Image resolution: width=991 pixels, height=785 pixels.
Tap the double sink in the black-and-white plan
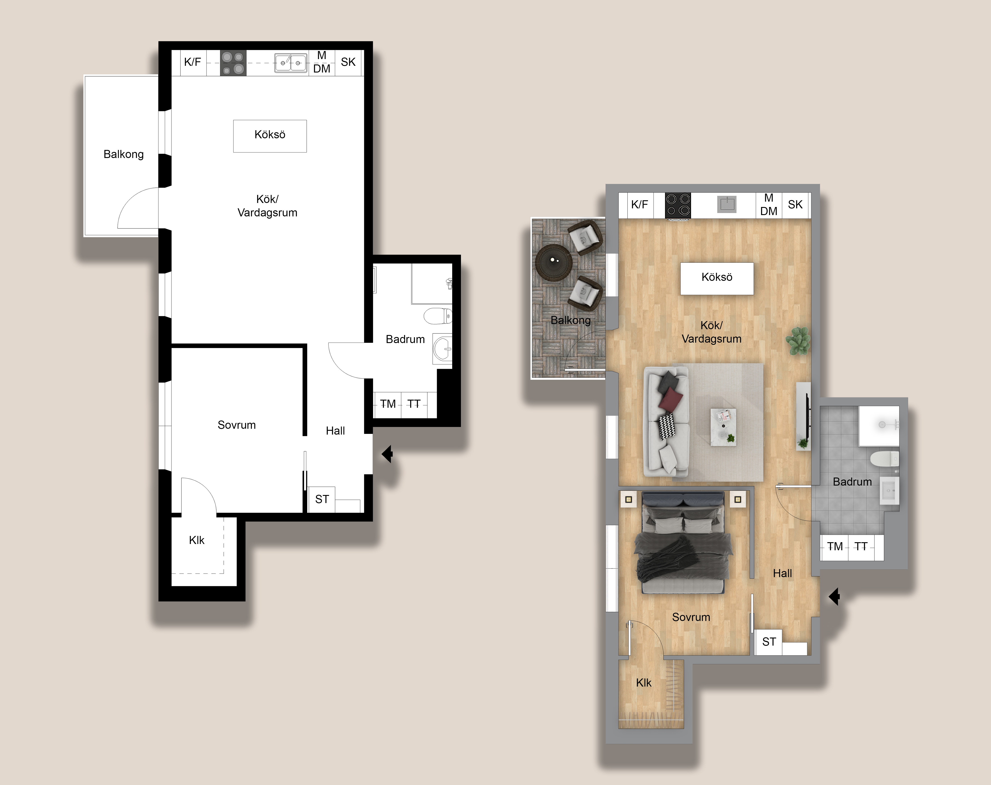pos(291,63)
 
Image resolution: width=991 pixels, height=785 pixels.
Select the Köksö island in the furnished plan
pos(716,278)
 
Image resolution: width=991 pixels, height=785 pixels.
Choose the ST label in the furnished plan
pos(769,642)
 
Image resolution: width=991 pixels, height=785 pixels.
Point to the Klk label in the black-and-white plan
pos(197,540)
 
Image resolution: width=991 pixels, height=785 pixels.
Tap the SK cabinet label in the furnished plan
pos(795,205)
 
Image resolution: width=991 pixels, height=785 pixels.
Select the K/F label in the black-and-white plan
pos(192,62)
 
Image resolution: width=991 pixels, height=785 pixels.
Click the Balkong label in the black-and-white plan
pos(123,154)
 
